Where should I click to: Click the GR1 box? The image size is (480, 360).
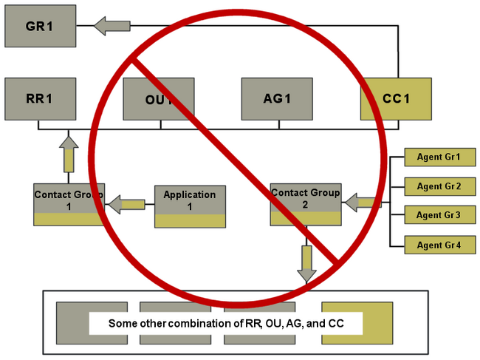pyautogui.click(x=38, y=27)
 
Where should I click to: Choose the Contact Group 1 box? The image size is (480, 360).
pyautogui.click(x=69, y=204)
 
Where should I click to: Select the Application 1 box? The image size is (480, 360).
pyautogui.click(x=189, y=206)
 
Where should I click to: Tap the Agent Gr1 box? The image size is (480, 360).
pyautogui.click(x=439, y=157)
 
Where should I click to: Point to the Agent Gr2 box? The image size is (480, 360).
pyautogui.click(x=439, y=186)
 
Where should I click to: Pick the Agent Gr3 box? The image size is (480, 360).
pyautogui.click(x=439, y=215)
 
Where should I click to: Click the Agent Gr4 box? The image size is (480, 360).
pyautogui.click(x=439, y=245)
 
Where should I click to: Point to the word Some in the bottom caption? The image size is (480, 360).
pyautogui.click(x=121, y=324)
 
